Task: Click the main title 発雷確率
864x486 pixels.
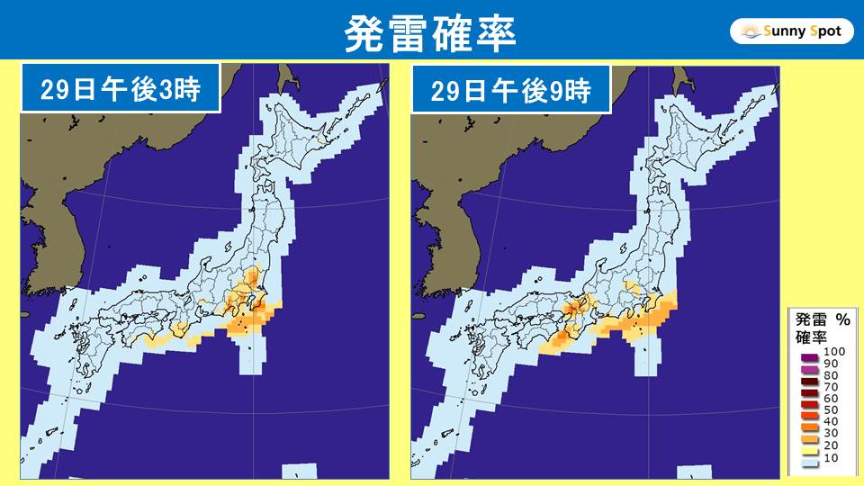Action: pyautogui.click(x=431, y=33)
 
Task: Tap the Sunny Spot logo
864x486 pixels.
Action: pyautogui.click(x=791, y=31)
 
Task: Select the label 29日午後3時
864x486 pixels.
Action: pyautogui.click(x=120, y=89)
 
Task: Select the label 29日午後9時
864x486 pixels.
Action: pyautogui.click(x=509, y=89)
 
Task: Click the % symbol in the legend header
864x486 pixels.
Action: pyautogui.click(x=842, y=319)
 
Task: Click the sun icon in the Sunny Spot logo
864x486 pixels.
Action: pyautogui.click(x=750, y=32)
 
